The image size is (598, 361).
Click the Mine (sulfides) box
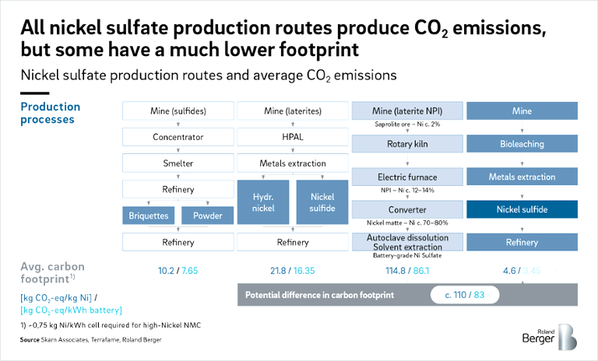pos(178,110)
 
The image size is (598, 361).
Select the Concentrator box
pos(178,137)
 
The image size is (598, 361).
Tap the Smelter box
pos(178,163)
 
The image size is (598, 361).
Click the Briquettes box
pos(149,216)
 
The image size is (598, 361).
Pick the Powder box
pos(208,216)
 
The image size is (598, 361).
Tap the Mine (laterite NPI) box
pos(407,110)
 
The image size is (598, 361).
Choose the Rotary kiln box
pos(407,144)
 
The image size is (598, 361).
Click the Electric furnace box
pos(407,177)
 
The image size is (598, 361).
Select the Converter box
pos(407,210)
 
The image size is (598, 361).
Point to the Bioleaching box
pos(522,144)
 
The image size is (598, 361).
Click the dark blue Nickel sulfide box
pos(522,210)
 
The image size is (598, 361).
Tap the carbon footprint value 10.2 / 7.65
pos(177,270)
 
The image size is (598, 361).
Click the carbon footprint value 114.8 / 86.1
pos(407,270)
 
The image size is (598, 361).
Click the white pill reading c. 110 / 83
pos(465,296)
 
